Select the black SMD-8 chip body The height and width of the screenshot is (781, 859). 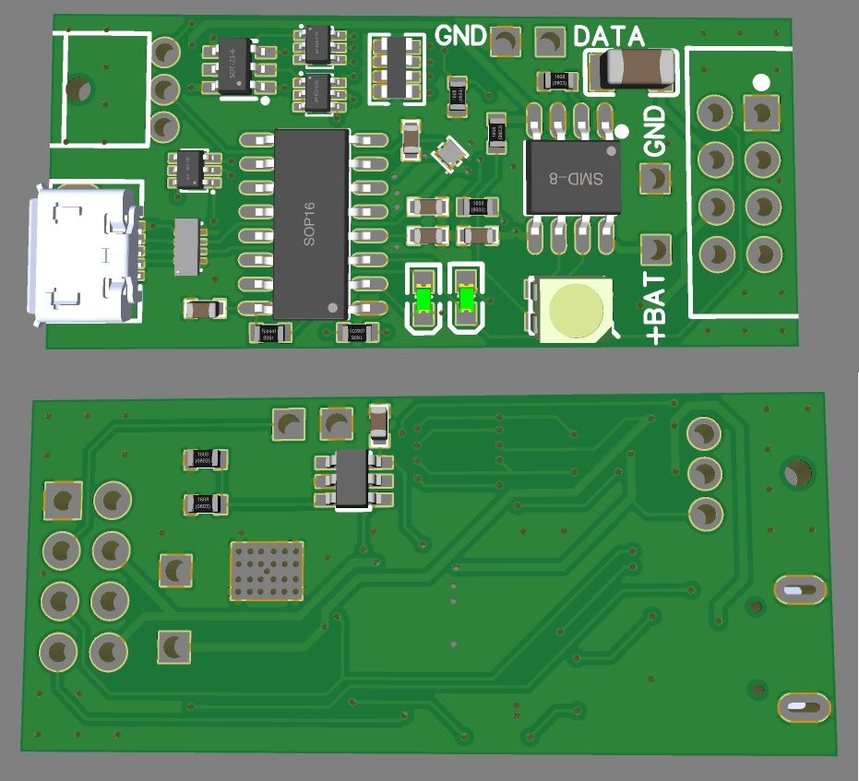(570, 178)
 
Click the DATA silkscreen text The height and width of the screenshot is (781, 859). (609, 37)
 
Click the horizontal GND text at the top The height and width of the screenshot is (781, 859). (460, 36)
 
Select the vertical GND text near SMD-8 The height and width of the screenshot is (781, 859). (653, 131)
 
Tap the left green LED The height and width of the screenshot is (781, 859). (424, 299)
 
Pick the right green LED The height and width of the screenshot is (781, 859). (466, 299)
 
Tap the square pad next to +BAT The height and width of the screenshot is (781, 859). (655, 249)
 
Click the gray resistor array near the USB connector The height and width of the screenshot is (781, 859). (187, 246)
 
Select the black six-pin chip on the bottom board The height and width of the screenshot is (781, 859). (353, 479)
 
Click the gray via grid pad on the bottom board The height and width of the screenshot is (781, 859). (266, 570)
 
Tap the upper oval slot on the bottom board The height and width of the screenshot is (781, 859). (799, 587)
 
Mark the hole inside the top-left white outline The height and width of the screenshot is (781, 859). (81, 89)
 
